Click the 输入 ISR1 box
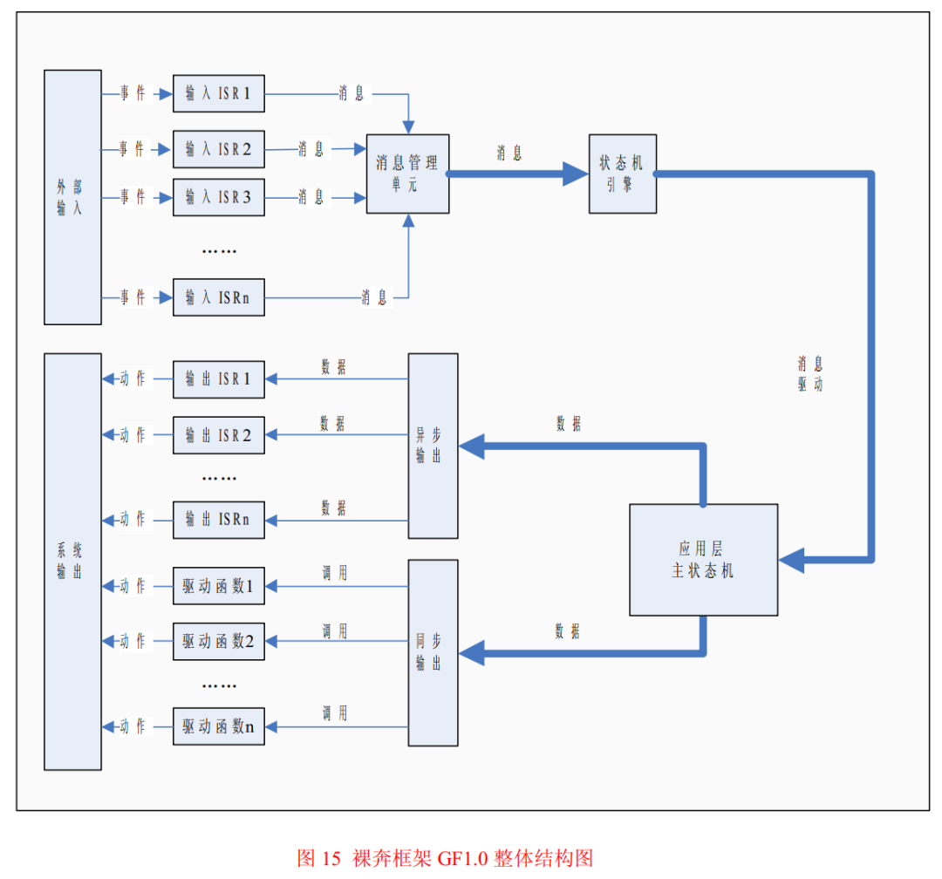tap(218, 93)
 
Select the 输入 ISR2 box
tap(218, 149)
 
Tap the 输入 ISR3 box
tap(218, 197)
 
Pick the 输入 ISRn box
tap(218, 297)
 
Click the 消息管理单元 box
tap(407, 174)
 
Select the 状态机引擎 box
tap(622, 174)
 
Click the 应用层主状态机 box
tap(703, 559)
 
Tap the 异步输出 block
tap(433, 446)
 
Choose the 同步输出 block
tap(433, 652)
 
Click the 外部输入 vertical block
tap(72, 197)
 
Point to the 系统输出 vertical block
tap(72, 561)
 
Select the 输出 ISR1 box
tap(218, 379)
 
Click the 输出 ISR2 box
tap(218, 435)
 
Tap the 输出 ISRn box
tap(218, 520)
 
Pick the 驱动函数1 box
tap(218, 586)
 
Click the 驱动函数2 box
tap(218, 641)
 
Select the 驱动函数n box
tap(218, 726)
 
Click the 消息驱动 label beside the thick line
tap(809, 373)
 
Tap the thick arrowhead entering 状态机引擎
tap(575, 174)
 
